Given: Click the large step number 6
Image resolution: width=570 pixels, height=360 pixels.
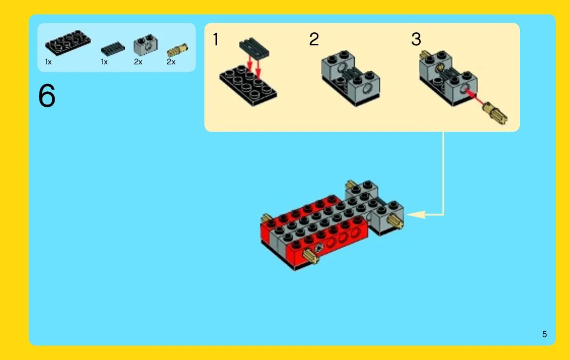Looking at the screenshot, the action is [x=47, y=95].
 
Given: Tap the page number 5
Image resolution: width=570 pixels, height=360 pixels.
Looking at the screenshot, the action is [x=544, y=334].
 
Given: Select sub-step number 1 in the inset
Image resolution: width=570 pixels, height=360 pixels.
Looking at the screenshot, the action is [x=216, y=40].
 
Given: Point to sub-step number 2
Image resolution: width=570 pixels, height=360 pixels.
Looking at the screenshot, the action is [x=314, y=40].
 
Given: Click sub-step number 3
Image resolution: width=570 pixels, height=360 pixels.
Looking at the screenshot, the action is [x=416, y=40].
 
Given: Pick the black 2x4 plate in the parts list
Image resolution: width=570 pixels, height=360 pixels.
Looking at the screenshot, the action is [x=68, y=42].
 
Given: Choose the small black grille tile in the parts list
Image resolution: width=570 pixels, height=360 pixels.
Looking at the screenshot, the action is [x=113, y=49].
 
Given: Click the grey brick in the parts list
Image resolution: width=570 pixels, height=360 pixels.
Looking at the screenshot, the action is [x=145, y=45].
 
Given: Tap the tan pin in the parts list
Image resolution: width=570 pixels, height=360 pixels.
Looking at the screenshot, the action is [x=177, y=50].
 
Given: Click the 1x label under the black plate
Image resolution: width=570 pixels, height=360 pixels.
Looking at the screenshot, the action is [x=48, y=62].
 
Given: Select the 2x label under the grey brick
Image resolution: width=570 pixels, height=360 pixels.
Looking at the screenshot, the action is [x=138, y=62].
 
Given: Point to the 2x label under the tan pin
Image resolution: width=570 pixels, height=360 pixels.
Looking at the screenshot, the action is [x=171, y=62].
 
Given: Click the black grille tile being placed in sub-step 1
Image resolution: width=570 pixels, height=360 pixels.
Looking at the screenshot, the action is [x=254, y=48].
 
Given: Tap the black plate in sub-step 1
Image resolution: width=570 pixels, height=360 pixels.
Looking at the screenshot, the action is [x=248, y=86].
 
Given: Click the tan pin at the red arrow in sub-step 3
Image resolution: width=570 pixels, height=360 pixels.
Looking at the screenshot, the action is [x=495, y=114].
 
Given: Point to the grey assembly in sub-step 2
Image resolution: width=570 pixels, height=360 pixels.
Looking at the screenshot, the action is [x=351, y=78].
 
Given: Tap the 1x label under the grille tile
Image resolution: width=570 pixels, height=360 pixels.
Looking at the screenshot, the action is [x=104, y=62].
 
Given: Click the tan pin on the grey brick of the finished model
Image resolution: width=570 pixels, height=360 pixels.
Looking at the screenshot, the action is [x=395, y=220].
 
